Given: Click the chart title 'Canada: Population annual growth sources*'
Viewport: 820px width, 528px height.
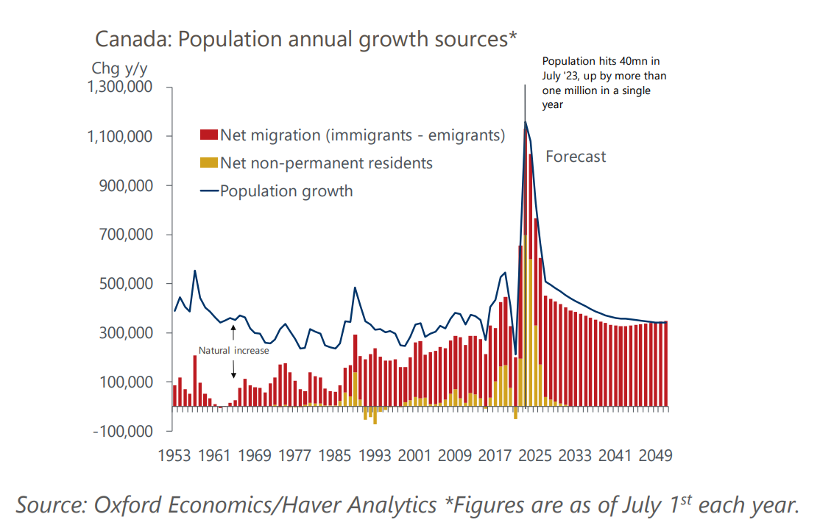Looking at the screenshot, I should [306, 39].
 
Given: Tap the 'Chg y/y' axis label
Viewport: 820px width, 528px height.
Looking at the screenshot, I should [119, 68].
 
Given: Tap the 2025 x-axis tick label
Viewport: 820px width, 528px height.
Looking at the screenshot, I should [535, 456].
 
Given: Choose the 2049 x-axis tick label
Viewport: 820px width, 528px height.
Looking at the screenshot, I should [654, 456].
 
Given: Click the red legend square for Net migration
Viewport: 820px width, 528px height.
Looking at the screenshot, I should [209, 135].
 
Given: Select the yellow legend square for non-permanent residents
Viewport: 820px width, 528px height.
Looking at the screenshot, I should [209, 163].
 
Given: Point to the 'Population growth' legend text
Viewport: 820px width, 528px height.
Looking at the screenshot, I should [286, 191].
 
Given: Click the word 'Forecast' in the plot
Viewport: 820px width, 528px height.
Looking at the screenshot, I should [576, 157].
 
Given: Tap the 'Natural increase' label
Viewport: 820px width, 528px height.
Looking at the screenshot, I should [233, 350].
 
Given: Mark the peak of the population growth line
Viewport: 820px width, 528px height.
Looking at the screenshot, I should [525, 122].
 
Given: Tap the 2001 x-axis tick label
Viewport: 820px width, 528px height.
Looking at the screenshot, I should [415, 456].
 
